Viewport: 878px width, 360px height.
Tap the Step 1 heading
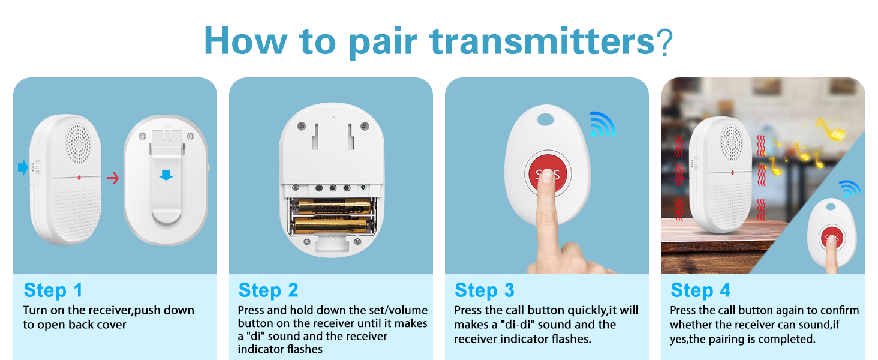click(x=53, y=290)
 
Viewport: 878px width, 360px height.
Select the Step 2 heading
click(x=268, y=290)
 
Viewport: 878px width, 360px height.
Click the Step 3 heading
click(x=485, y=290)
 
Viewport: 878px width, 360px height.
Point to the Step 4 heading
click(x=700, y=290)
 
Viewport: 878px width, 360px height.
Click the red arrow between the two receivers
click(x=113, y=178)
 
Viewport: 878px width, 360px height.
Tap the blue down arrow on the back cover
click(x=166, y=175)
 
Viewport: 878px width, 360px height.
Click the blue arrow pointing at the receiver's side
click(x=23, y=168)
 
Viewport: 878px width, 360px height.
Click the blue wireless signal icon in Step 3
click(x=602, y=124)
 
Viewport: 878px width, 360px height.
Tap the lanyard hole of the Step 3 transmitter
click(x=546, y=120)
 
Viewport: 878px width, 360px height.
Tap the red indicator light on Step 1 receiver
click(x=79, y=178)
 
